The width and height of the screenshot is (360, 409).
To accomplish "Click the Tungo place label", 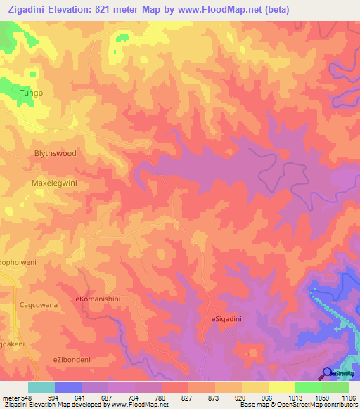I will [31, 93].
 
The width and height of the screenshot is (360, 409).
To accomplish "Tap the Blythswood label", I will [55, 153].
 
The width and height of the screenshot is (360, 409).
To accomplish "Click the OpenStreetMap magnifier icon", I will [327, 373].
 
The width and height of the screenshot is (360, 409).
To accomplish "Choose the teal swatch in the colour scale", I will [41, 387].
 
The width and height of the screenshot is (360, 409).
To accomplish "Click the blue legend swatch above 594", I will [68, 387].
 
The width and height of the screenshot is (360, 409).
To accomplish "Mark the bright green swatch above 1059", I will [309, 387].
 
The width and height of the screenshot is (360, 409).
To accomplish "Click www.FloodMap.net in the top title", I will [211, 11].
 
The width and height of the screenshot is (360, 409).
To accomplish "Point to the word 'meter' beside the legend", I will [10, 398].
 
